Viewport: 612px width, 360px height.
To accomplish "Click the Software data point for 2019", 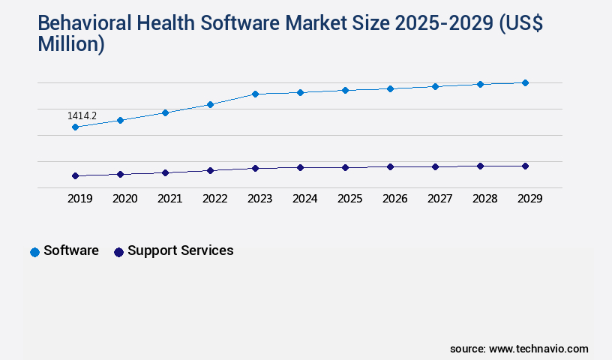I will click(x=75, y=127).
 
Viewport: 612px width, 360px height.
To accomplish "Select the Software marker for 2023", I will click(x=255, y=94).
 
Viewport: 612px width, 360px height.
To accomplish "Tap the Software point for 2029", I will click(x=525, y=82).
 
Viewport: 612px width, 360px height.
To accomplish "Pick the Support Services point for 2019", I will click(x=75, y=175).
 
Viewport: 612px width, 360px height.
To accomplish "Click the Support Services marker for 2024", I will click(x=300, y=167).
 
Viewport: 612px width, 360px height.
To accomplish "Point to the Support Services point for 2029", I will click(x=525, y=166).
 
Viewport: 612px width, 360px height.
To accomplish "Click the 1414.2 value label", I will click(x=82, y=116).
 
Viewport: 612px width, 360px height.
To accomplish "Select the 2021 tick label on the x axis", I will click(x=169, y=199).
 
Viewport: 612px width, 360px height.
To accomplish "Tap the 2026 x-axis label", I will click(x=394, y=199).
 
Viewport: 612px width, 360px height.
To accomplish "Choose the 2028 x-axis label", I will click(x=484, y=199).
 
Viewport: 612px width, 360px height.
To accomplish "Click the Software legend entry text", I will click(x=71, y=250).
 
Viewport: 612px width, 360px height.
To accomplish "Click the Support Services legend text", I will click(x=180, y=250).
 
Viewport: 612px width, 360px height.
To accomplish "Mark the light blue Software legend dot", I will click(x=34, y=252).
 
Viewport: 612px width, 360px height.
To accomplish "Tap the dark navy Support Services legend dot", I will click(x=118, y=252).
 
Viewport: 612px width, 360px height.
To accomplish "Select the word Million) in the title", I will click(x=71, y=44).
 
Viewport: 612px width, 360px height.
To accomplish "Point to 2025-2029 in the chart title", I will click(x=443, y=24).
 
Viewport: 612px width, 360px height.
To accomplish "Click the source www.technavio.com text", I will click(x=519, y=349).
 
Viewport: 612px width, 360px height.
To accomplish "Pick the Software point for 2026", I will click(x=390, y=88).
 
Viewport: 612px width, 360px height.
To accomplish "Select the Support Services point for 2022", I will click(x=210, y=170).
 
